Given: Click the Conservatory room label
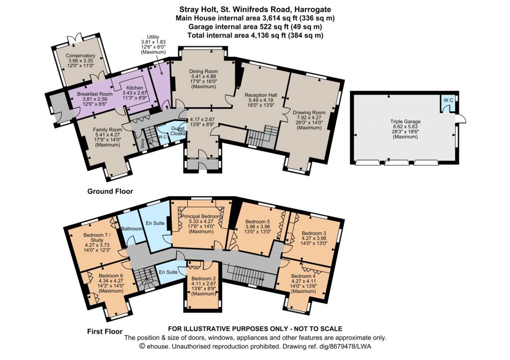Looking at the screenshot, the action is (x=80, y=56).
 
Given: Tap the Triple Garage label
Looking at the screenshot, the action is (x=405, y=121).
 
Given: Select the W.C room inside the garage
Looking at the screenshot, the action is (x=448, y=103).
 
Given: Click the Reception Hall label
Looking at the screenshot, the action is (x=261, y=95).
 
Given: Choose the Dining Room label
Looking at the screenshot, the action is (x=204, y=71).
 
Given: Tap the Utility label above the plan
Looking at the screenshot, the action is (x=153, y=37).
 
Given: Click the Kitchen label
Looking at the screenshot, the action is (x=134, y=88).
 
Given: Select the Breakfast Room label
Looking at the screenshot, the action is (x=95, y=94).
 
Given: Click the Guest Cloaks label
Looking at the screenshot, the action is (x=178, y=131).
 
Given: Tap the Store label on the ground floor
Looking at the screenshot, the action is (x=143, y=143).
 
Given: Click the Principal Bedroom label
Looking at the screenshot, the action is (x=202, y=216).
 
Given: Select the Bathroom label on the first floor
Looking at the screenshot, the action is (x=132, y=229).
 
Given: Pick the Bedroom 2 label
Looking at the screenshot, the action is (x=204, y=278).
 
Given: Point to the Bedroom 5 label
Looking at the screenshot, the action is (x=257, y=222).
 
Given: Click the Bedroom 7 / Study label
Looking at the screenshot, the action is (x=93, y=238).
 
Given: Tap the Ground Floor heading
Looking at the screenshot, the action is (x=110, y=191).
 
